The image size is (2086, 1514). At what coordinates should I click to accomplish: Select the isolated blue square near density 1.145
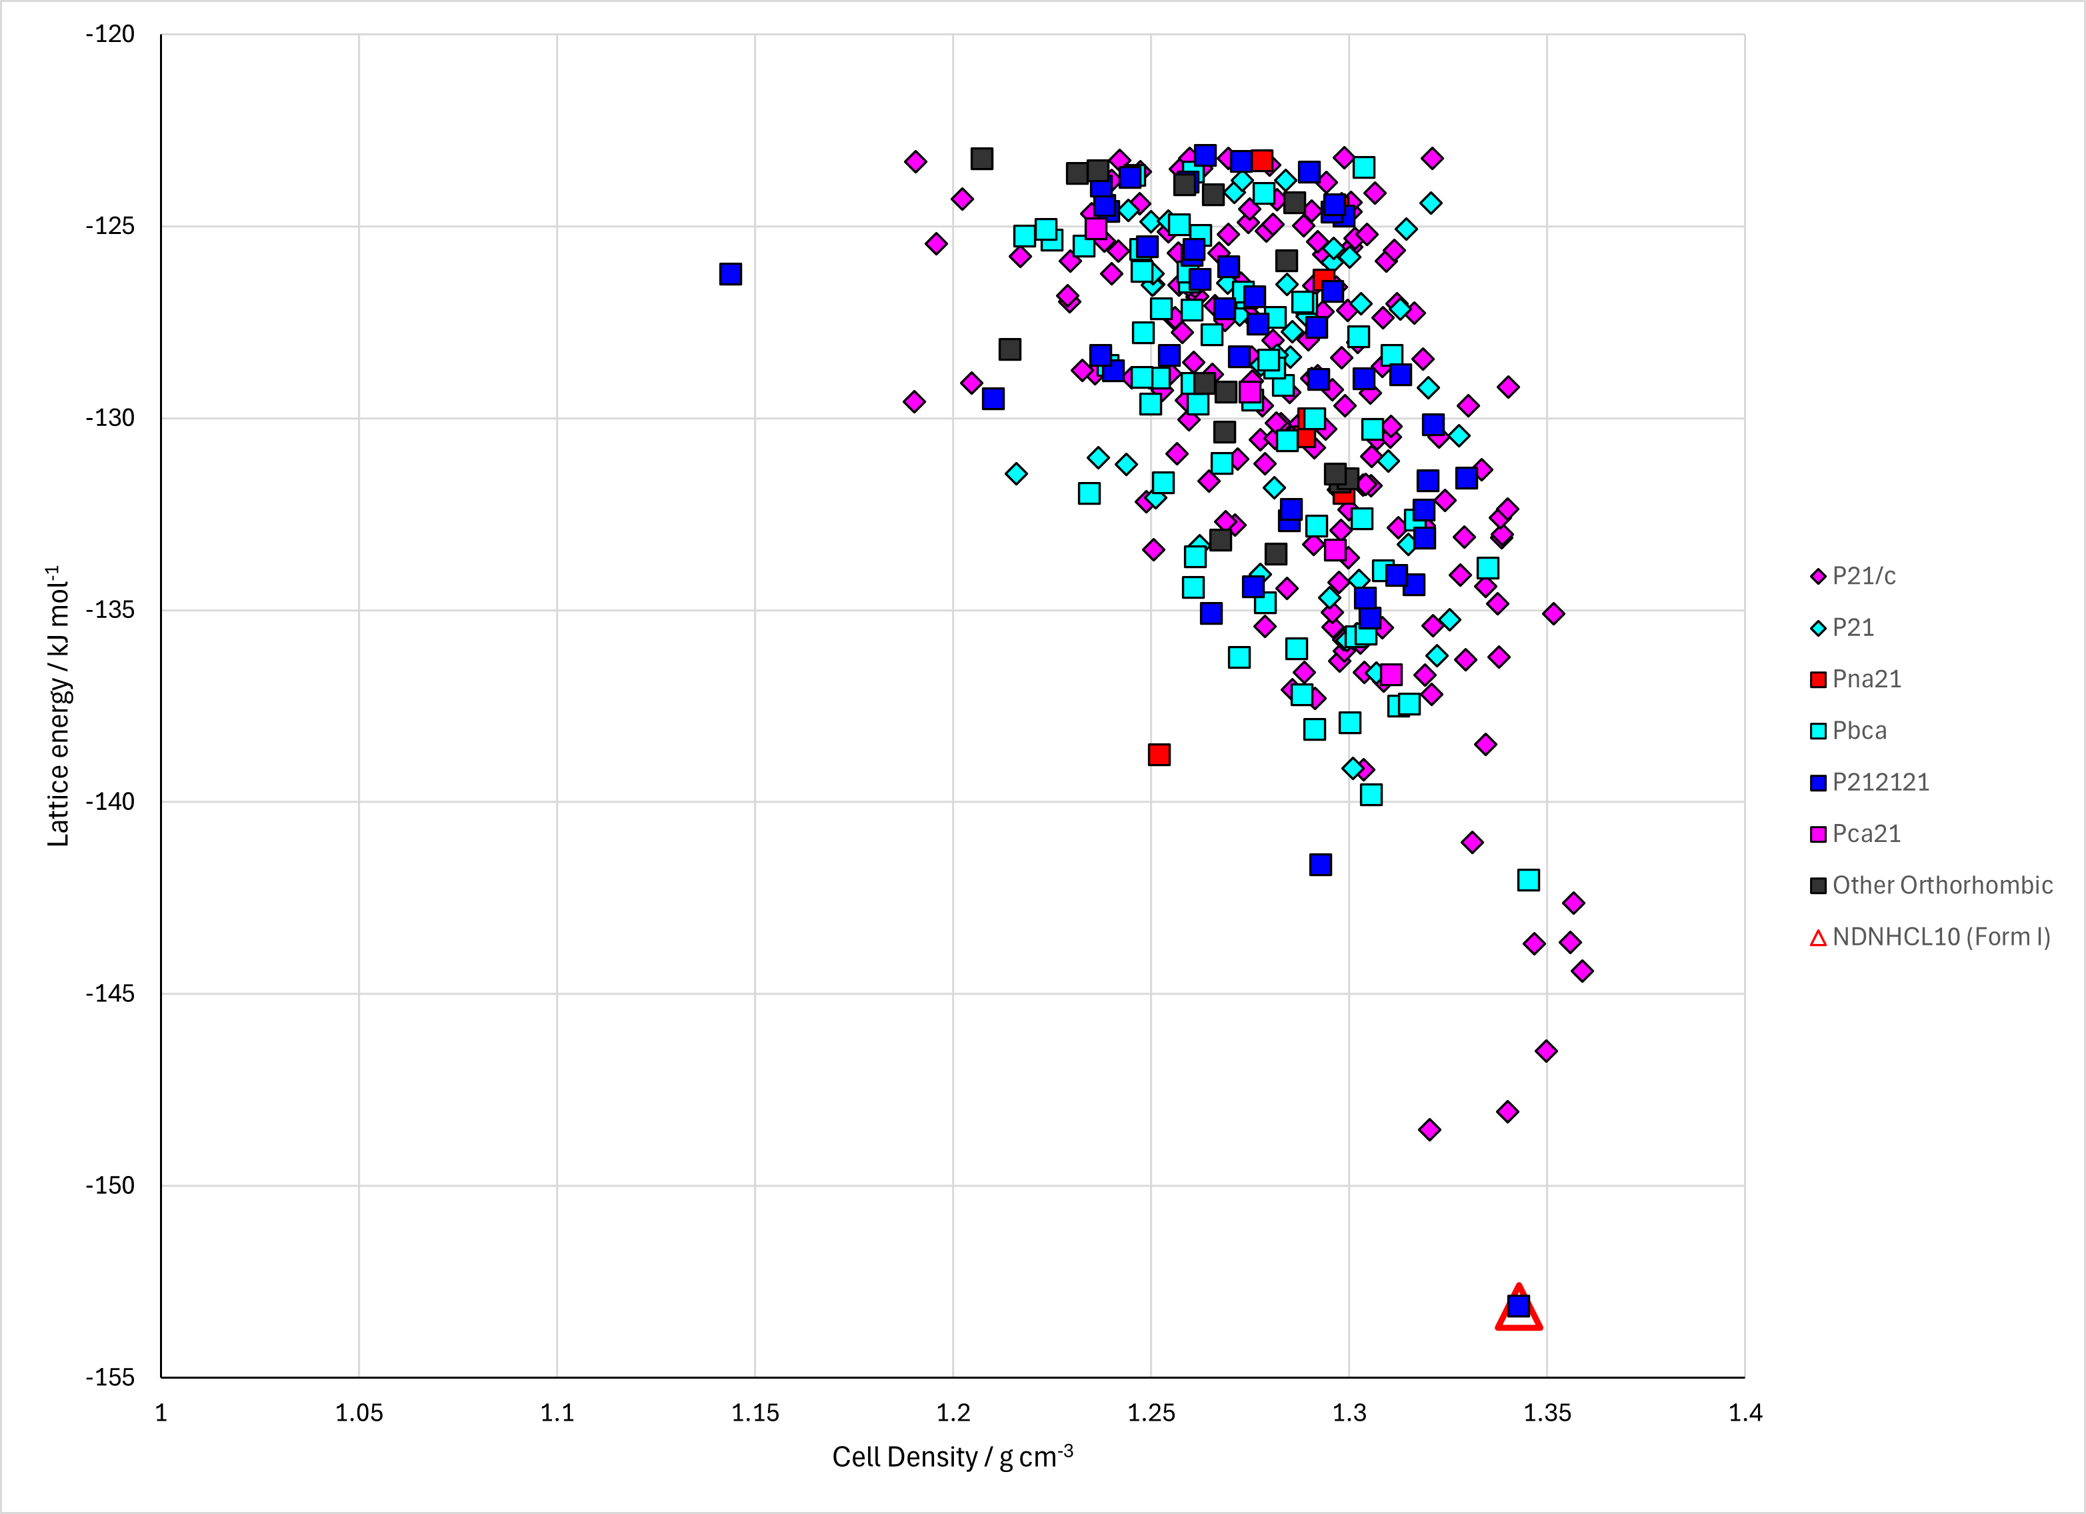730,274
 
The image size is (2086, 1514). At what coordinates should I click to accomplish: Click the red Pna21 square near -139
1159,755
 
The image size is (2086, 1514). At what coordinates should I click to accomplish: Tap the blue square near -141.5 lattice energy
1320,865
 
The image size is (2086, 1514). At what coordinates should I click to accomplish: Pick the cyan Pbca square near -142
1528,880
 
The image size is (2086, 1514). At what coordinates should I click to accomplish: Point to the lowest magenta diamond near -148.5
1429,1129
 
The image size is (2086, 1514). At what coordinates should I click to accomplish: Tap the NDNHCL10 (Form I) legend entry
1929,937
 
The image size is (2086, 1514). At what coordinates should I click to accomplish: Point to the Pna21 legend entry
1854,679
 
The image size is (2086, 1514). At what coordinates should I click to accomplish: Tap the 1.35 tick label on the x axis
1547,1413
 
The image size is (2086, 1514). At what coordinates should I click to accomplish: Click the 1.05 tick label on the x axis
359,1413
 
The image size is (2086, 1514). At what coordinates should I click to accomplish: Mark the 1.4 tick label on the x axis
1745,1413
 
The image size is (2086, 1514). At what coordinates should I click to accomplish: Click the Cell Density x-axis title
953,1457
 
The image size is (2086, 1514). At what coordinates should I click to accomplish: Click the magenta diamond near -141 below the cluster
1471,841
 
